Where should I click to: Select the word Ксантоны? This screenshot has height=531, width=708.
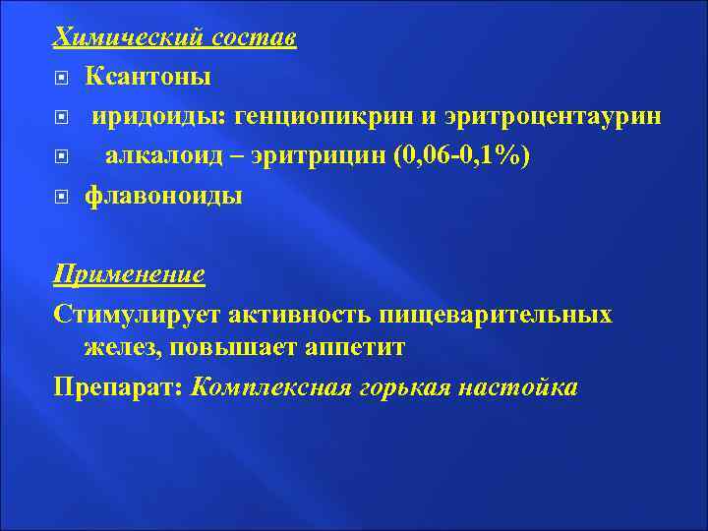pyautogui.click(x=147, y=76)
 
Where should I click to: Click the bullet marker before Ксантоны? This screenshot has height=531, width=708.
pyautogui.click(x=61, y=77)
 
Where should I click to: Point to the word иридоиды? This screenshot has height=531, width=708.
pyautogui.click(x=157, y=116)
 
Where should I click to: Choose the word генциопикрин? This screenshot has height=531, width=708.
pyautogui.click(x=322, y=116)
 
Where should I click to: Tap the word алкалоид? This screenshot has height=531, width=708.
pyautogui.click(x=162, y=155)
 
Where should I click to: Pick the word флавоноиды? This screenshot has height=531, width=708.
pyautogui.click(x=163, y=195)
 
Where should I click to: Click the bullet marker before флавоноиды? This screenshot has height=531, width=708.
pyautogui.click(x=61, y=196)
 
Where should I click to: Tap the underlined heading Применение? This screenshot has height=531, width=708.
pyautogui.click(x=129, y=274)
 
